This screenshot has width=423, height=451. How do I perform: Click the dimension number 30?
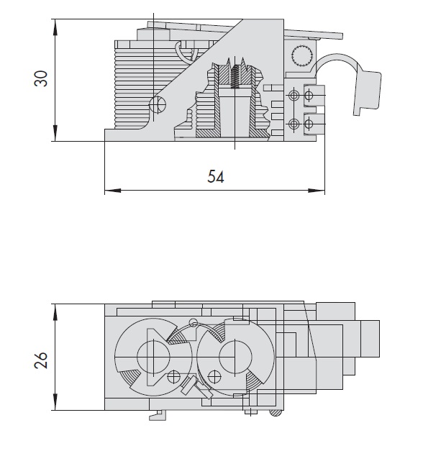[x=40, y=78]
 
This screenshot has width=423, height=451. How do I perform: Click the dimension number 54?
[x=216, y=177]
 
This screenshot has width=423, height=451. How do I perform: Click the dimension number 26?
[x=40, y=360]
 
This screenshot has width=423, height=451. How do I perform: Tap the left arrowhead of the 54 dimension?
[x=112, y=190]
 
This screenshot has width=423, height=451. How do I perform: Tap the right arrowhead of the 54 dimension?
[x=317, y=190]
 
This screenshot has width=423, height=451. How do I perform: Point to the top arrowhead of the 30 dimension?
[x=55, y=27]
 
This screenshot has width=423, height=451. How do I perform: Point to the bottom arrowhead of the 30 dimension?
[x=55, y=133]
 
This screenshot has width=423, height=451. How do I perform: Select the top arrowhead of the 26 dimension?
[x=55, y=312]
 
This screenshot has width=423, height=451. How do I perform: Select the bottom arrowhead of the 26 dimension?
[x=55, y=402]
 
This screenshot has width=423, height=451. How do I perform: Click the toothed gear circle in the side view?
[x=302, y=55]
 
